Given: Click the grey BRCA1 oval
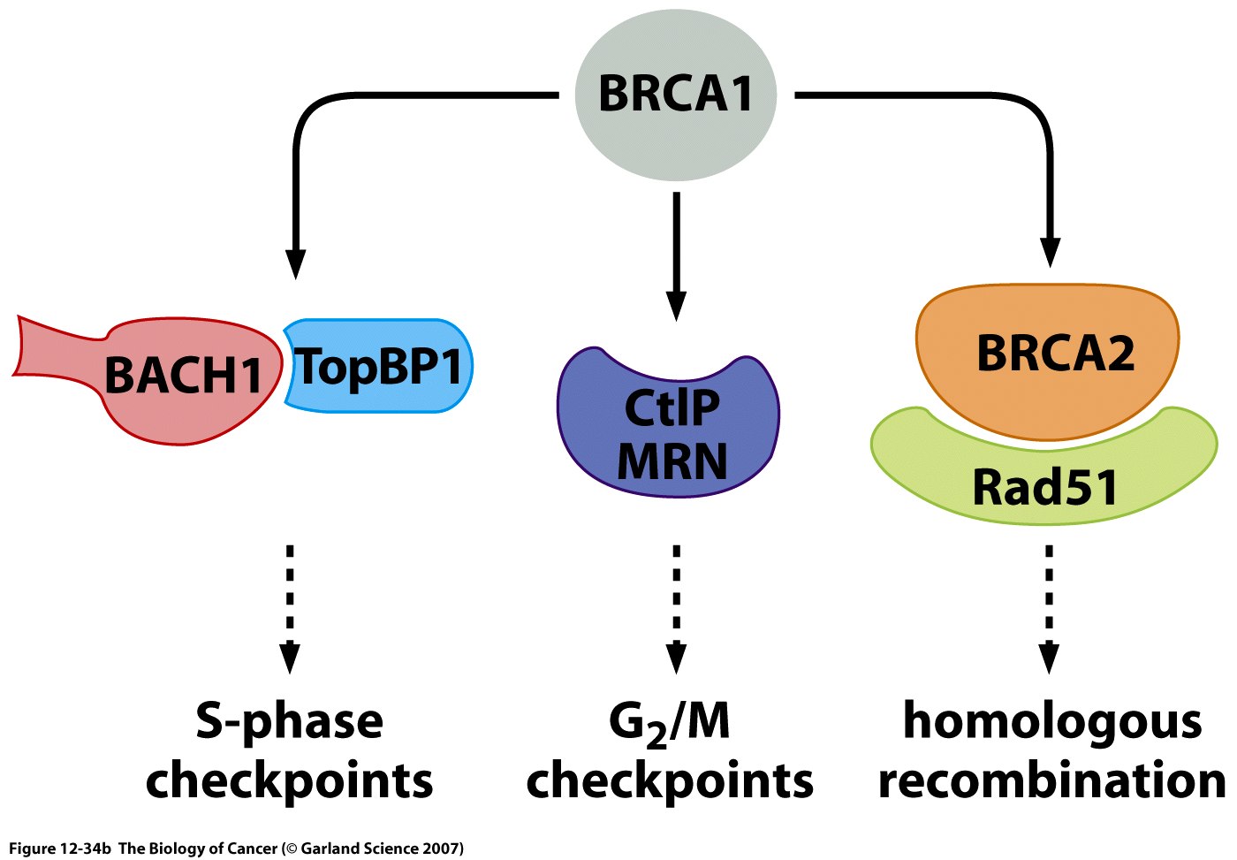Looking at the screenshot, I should [x=676, y=93].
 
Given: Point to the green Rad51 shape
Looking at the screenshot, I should [x=1044, y=486].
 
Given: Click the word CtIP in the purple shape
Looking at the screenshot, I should [x=672, y=407].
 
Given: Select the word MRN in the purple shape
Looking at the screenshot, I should [x=672, y=460].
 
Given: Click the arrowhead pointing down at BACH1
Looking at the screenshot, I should [x=295, y=263].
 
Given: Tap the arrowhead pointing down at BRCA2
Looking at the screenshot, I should [x=1050, y=253].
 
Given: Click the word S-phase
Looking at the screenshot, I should [x=290, y=722].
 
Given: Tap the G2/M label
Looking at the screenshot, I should [x=670, y=722].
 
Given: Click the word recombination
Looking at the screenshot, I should [x=1052, y=780].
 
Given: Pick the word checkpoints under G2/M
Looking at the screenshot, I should [x=670, y=781].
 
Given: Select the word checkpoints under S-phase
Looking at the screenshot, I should [x=290, y=781].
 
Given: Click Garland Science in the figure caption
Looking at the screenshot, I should [x=358, y=849].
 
